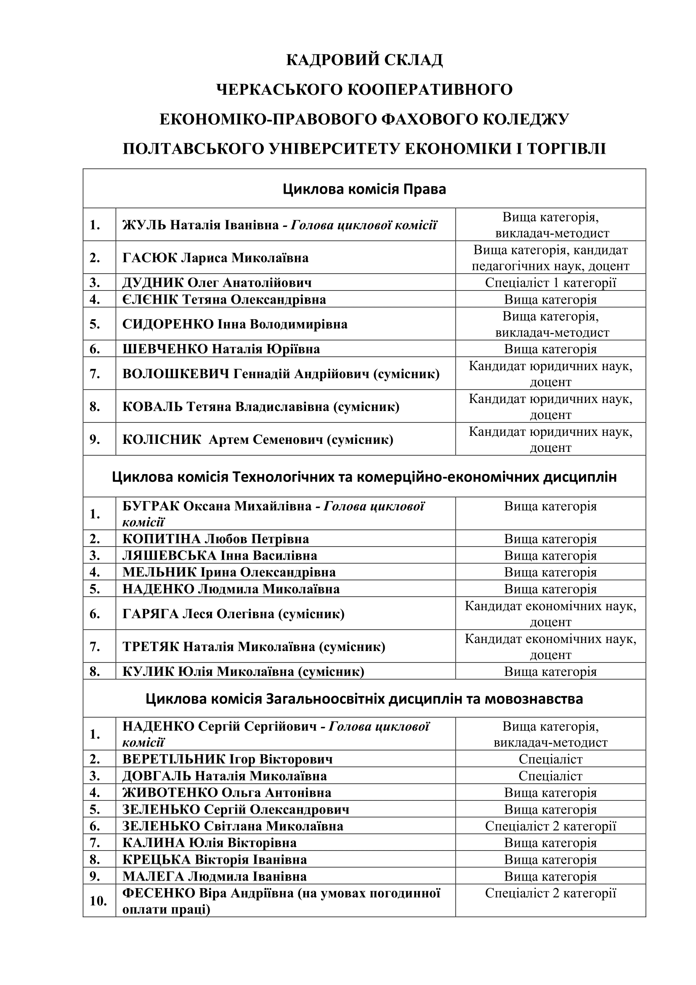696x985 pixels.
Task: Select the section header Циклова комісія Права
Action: (364, 189)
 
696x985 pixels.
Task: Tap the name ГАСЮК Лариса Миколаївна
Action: (215, 258)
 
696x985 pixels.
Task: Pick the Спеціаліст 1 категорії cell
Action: (550, 283)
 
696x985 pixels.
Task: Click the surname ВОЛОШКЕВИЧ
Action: (175, 374)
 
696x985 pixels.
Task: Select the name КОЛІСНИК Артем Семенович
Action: (258, 440)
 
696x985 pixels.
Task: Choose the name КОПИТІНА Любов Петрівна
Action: (215, 539)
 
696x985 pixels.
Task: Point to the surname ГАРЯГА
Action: (150, 614)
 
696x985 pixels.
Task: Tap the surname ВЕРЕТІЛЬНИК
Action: (173, 759)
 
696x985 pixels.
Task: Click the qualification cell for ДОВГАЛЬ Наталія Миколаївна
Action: (550, 776)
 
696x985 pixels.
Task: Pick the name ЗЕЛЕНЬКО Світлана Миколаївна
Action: (233, 826)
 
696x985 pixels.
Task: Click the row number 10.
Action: (98, 901)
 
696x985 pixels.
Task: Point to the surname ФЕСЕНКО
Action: (158, 894)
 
